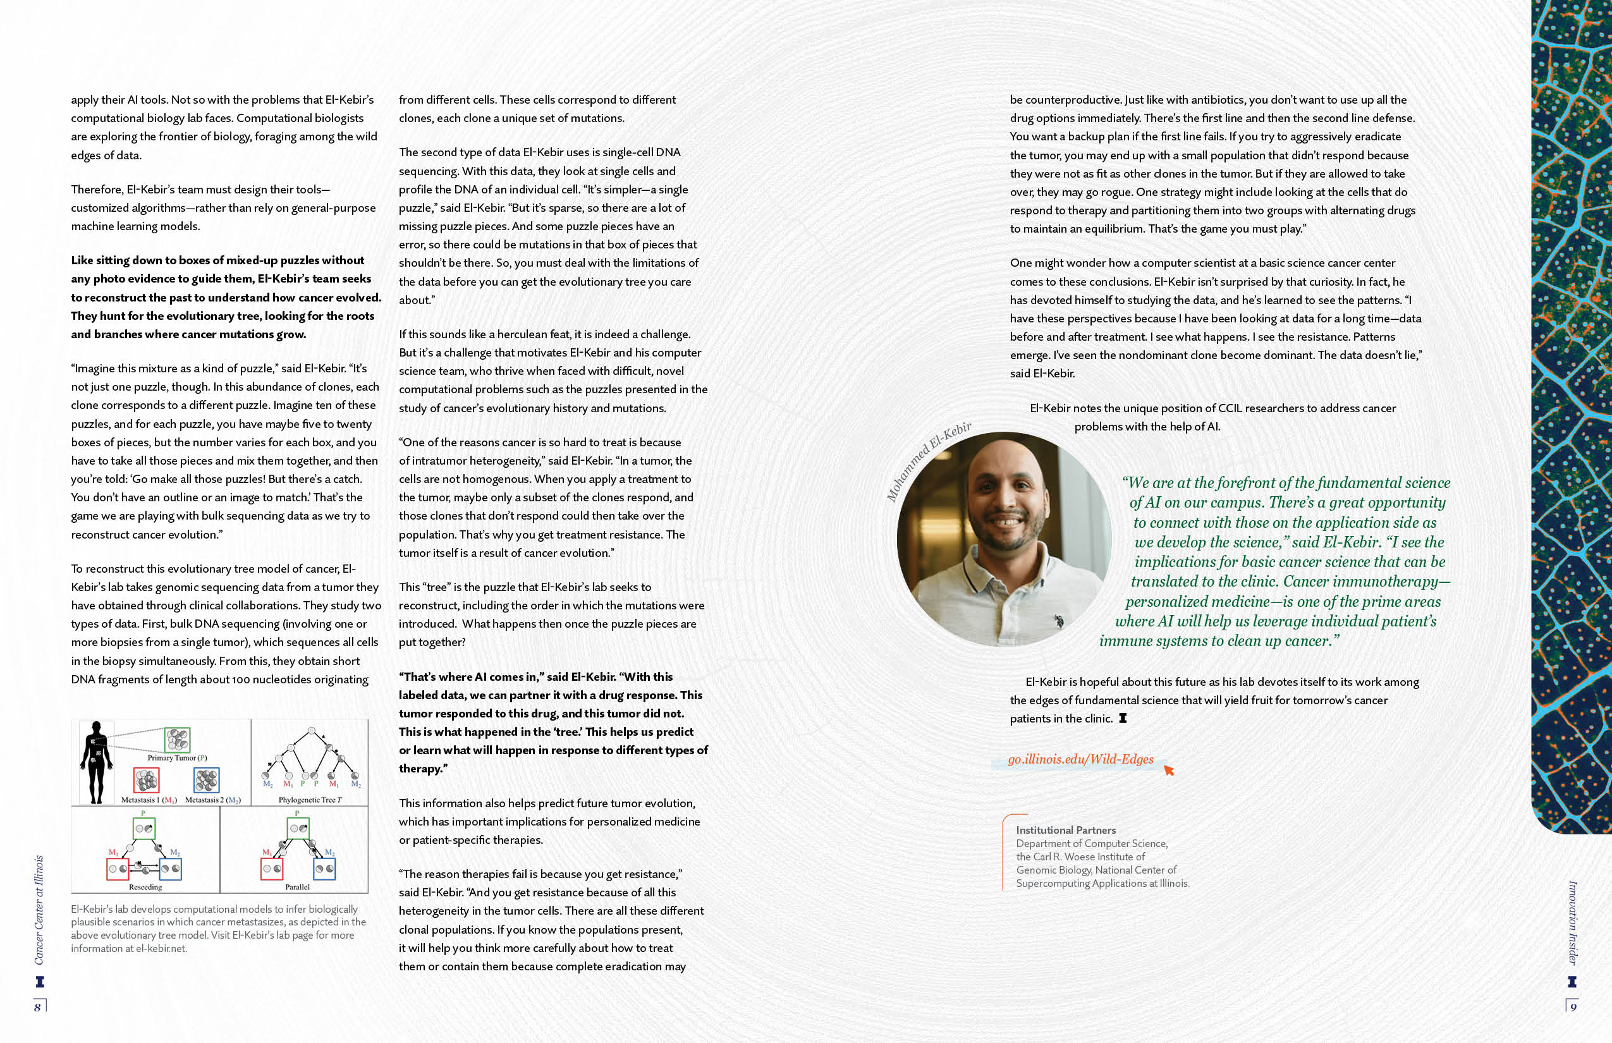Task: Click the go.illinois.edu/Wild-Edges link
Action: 1080,759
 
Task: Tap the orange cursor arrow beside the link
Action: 1168,770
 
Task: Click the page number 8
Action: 38,1007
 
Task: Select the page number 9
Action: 1573,1007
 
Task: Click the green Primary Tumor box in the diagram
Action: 177,740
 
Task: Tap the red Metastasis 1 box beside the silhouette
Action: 145,781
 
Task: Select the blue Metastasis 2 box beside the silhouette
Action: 207,781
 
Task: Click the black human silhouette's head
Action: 96,727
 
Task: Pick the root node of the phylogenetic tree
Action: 312,731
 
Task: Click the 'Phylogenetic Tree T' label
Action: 310,800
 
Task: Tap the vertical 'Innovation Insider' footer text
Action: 1573,922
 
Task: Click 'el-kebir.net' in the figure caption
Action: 161,949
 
